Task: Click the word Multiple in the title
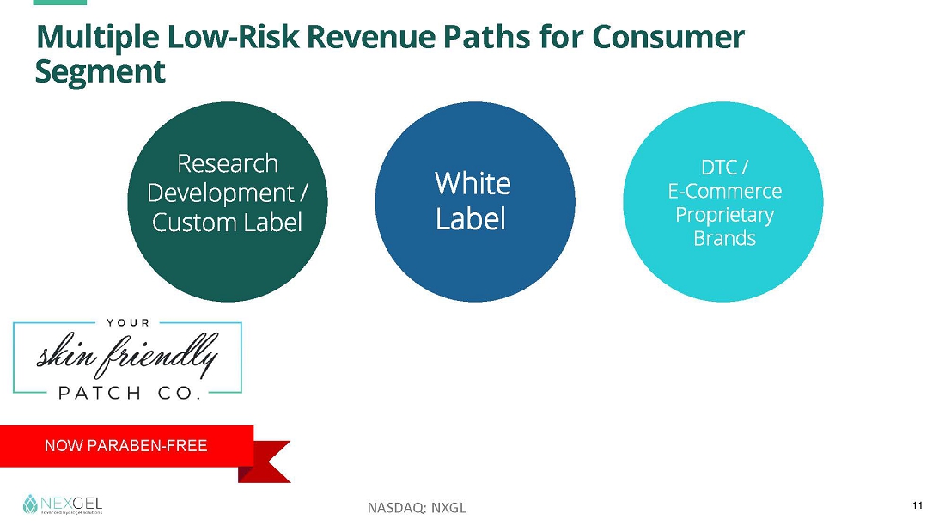pos(98,38)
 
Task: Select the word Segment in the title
pos(100,72)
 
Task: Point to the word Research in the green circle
pos(227,163)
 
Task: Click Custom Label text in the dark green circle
pos(227,222)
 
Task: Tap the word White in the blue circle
pos(472,183)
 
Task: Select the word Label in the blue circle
pos(471,218)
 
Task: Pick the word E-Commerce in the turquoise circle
pos(724,191)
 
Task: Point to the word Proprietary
pos(724,216)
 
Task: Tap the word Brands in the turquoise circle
pos(724,238)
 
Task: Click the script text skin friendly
pos(127,355)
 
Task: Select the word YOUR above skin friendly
pos(128,322)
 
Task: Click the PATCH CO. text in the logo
pos(130,394)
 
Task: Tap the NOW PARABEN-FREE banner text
pos(126,446)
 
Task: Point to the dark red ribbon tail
pos(268,462)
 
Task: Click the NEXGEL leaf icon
pos(29,504)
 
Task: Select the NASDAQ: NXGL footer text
pos(417,508)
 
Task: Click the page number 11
pos(918,505)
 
